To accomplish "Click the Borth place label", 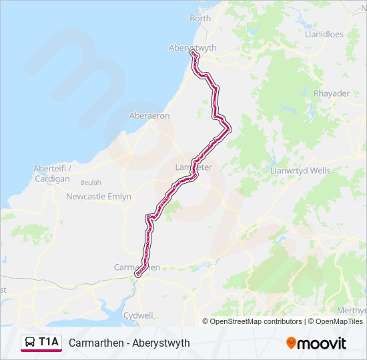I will click(x=200, y=18).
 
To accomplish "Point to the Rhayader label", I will click(x=331, y=93).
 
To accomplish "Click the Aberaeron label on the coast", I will click(x=149, y=115).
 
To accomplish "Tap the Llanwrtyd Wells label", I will click(x=300, y=171).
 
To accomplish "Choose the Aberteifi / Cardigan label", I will click(x=51, y=173).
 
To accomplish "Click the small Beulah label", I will click(x=91, y=182).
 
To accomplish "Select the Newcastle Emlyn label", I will click(x=99, y=197).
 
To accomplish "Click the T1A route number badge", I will click(x=49, y=342).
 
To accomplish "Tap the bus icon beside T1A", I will click(x=30, y=343).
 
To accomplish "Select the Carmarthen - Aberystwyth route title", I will click(x=129, y=343).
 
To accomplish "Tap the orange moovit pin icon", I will click(x=292, y=343).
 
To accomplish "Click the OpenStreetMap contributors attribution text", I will click(x=256, y=321).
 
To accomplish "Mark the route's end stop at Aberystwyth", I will click(x=193, y=53).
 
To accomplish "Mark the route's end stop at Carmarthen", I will click(x=138, y=274).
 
